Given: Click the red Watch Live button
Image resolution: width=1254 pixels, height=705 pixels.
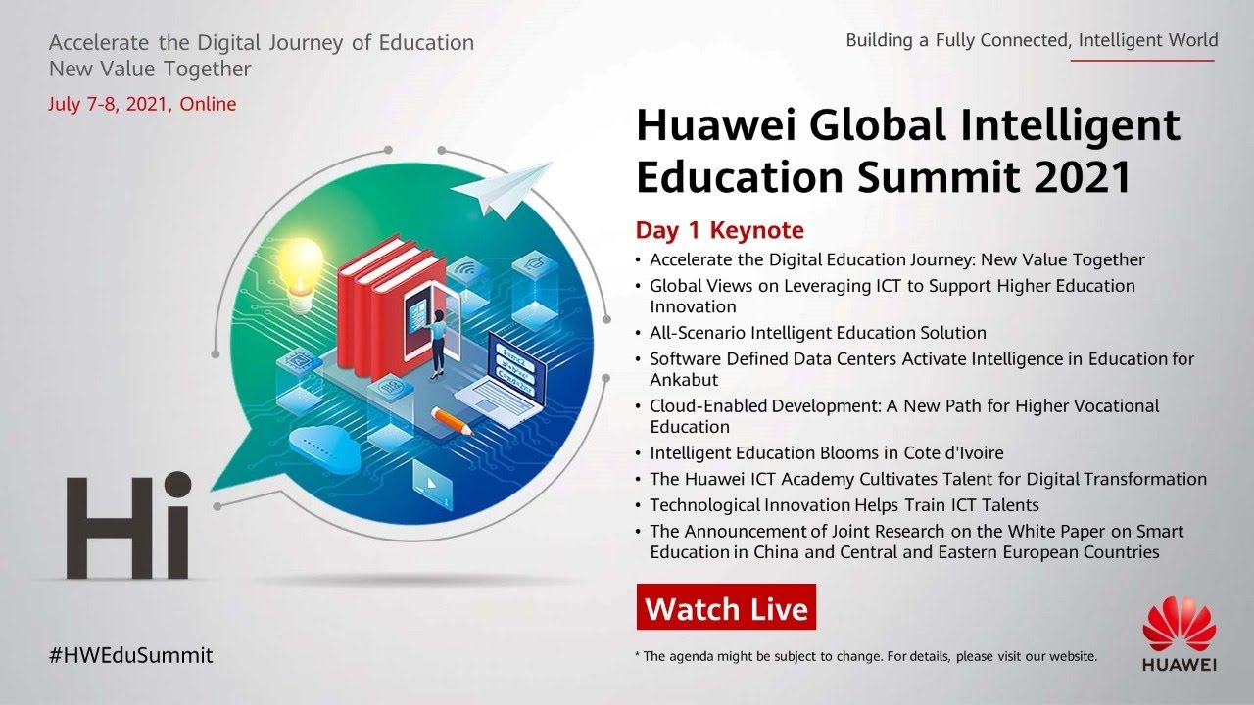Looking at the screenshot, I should click(726, 608).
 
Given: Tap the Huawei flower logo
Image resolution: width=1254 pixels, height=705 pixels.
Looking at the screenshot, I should click(1179, 623).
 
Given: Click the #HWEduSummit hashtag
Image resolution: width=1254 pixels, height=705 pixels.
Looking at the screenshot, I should click(130, 656).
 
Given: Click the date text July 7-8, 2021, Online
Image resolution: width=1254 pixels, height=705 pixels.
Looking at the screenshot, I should click(142, 104).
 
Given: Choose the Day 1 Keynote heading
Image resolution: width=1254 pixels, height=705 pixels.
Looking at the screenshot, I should click(720, 230).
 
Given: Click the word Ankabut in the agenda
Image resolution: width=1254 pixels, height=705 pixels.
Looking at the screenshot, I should click(684, 380).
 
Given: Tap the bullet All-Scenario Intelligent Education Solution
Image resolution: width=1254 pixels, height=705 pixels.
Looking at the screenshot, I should click(818, 333).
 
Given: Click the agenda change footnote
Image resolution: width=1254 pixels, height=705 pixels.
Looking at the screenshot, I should click(866, 656).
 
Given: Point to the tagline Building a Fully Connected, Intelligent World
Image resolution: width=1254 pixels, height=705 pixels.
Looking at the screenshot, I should click(1032, 40).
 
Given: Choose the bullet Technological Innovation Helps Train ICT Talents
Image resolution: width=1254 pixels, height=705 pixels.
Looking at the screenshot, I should click(844, 505).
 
